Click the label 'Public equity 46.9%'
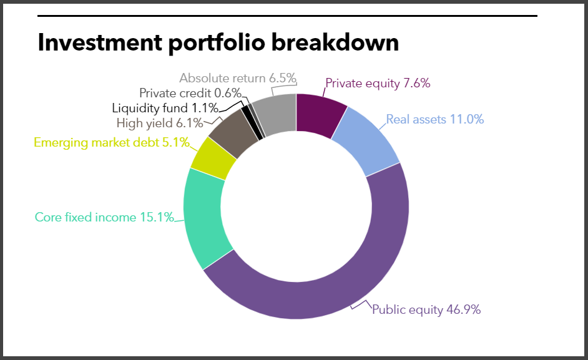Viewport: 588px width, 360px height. [x=426, y=309]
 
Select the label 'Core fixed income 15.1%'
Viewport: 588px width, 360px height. [x=104, y=218]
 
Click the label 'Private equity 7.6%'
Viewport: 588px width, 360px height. [x=378, y=83]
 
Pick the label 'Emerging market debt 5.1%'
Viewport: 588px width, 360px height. [x=111, y=142]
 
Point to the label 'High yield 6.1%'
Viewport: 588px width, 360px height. [x=160, y=123]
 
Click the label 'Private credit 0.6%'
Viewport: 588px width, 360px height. [x=190, y=93]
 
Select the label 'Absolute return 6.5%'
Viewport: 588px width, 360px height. [x=237, y=78]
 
